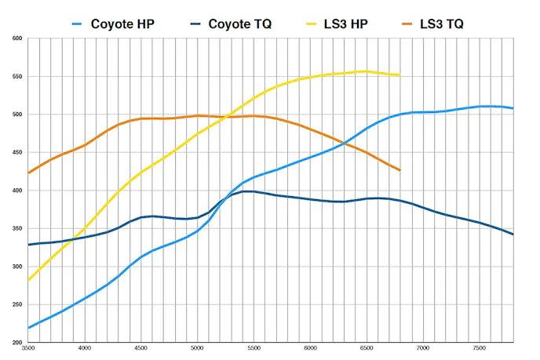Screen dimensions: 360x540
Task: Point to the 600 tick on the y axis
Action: (x=16, y=38)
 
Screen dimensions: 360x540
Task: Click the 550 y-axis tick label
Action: (x=16, y=77)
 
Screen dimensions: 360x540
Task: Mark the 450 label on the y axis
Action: (x=16, y=153)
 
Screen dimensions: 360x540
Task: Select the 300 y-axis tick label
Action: (x=16, y=267)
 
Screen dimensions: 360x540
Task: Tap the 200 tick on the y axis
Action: (x=16, y=343)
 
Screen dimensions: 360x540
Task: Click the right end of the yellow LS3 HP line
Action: (x=400, y=75)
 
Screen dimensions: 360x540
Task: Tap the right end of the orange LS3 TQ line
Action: (x=400, y=170)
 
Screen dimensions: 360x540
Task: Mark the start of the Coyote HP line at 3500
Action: (x=28, y=328)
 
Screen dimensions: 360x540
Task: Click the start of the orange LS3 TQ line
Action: (x=28, y=173)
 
